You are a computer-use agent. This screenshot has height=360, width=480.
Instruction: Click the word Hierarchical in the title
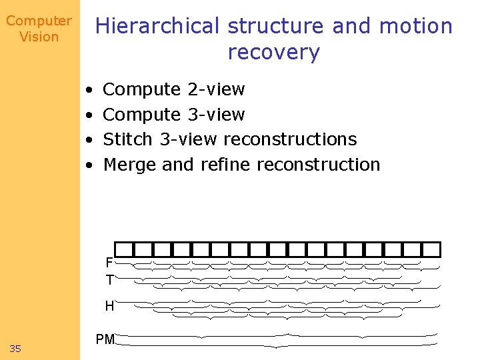157,27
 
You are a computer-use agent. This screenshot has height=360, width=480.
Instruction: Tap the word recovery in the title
274,52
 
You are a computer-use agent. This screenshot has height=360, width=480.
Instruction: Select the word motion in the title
416,27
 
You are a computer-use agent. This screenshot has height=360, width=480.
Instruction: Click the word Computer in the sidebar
39,21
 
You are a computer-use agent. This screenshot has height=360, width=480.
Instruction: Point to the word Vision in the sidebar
39,37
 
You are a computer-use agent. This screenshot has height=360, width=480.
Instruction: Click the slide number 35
15,348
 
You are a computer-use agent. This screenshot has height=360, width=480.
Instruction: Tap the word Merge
131,165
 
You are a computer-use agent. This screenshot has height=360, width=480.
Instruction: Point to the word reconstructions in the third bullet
290,139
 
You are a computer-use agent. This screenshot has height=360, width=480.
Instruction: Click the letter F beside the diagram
109,263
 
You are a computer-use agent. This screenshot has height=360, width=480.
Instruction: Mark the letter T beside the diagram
109,280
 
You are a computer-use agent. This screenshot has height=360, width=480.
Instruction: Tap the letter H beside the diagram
109,307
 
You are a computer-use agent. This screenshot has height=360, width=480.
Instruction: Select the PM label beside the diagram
105,340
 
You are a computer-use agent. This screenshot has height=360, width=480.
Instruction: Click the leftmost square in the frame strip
124,249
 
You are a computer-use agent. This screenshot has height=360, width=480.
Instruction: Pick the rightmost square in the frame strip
432,249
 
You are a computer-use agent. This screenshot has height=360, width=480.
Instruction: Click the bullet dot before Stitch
89,140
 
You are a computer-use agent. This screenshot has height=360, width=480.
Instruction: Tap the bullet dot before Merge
89,165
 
